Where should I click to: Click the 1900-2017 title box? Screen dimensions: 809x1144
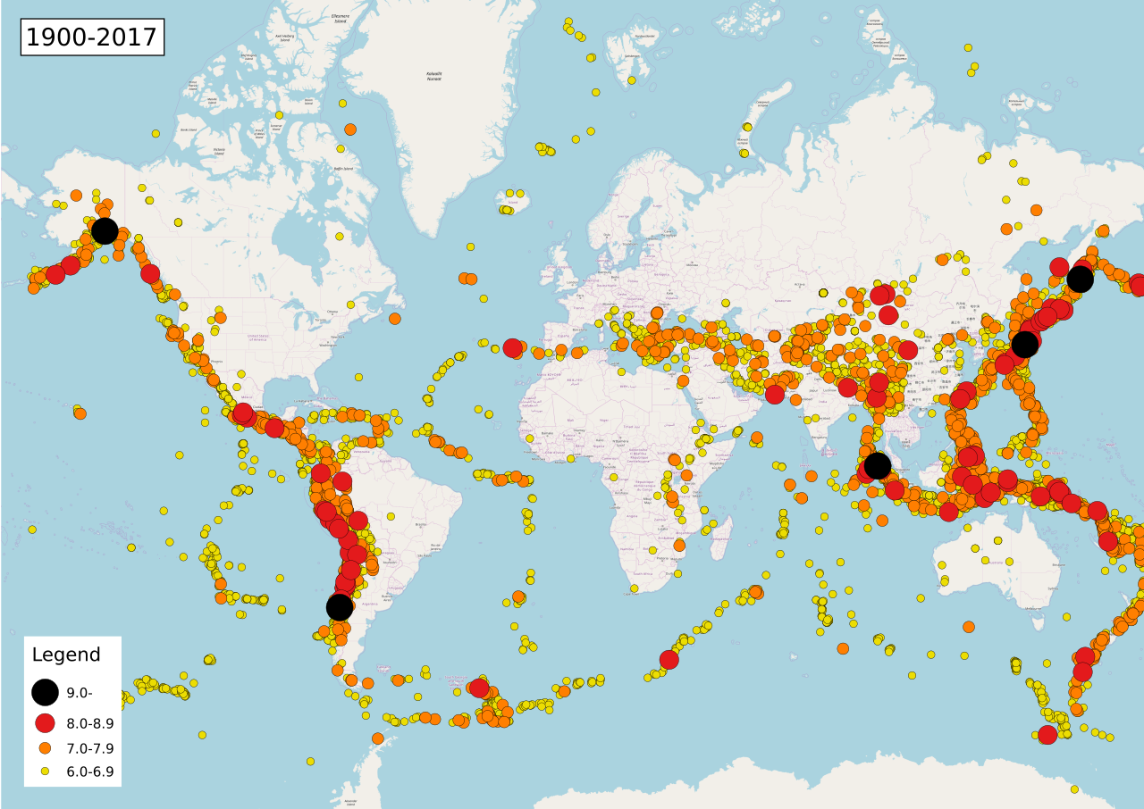[92, 38]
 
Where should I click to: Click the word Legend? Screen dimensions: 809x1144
[66, 655]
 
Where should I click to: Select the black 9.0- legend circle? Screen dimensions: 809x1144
[45, 692]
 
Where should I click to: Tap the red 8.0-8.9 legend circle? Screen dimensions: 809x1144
[45, 723]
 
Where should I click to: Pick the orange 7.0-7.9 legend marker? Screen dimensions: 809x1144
[45, 747]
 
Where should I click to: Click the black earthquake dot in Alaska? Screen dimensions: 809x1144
[105, 230]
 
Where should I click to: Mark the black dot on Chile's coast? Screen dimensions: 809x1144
[339, 607]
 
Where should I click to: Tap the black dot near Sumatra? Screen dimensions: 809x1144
[878, 465]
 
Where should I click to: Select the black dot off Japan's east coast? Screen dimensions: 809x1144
[1025, 344]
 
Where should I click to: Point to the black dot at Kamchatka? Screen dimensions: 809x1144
[1080, 279]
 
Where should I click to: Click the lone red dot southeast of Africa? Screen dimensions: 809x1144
[669, 659]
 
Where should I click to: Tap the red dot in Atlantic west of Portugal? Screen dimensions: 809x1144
[512, 347]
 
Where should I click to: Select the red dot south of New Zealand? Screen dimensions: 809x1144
[1047, 734]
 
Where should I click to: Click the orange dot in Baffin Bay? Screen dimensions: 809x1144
[350, 129]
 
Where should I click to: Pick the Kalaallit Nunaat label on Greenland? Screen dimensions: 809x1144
[434, 75]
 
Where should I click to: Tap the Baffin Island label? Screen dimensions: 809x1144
[344, 168]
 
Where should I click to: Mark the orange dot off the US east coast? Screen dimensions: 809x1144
[395, 318]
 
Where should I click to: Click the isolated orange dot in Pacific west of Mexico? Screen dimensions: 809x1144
[80, 413]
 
